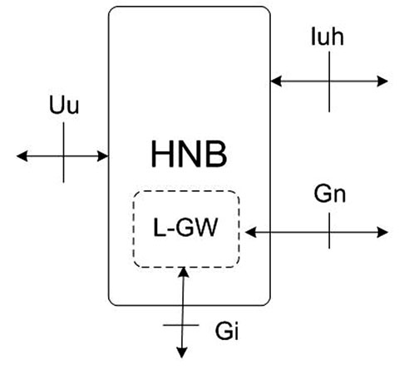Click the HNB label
189,154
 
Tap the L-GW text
185,228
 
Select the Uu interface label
64,105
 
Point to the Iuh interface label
328,37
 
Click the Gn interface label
330,194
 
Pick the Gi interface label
227,331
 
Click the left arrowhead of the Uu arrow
22,156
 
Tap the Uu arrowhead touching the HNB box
103,156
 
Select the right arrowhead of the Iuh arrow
382,81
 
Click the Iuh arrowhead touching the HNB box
276,81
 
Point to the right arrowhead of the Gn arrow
382,232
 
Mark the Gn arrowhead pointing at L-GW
251,232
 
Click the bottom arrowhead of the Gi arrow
182,352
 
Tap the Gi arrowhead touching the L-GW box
184,273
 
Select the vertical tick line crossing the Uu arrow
64,152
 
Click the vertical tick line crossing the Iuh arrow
329,81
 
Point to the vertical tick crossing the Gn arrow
329,231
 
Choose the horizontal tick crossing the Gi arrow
181,325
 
